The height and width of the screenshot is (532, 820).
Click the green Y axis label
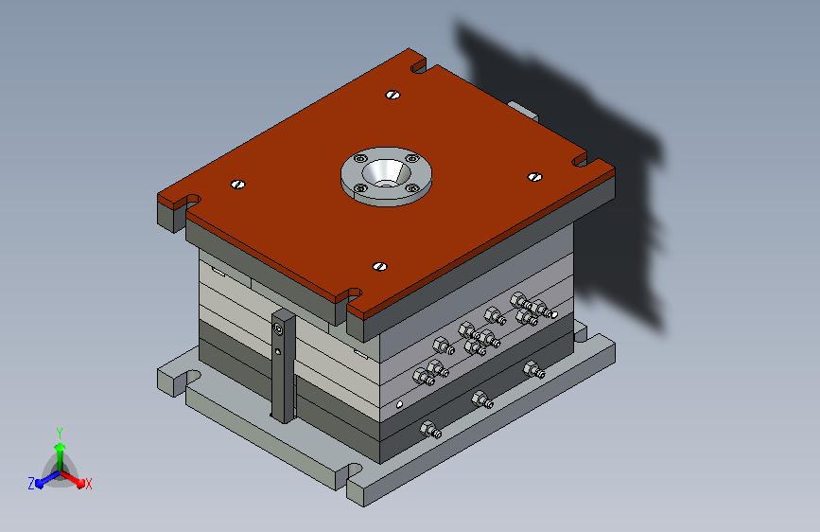click(x=60, y=433)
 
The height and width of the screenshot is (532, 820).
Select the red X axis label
click(x=88, y=484)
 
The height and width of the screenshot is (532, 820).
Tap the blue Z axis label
click(x=31, y=484)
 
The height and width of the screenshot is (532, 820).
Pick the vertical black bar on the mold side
click(x=284, y=365)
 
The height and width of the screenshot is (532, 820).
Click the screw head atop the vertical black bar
click(x=278, y=329)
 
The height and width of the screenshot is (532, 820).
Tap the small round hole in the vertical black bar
click(x=278, y=351)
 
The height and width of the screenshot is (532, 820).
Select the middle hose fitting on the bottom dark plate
click(x=482, y=400)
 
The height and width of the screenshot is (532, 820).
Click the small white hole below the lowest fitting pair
click(x=399, y=404)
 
